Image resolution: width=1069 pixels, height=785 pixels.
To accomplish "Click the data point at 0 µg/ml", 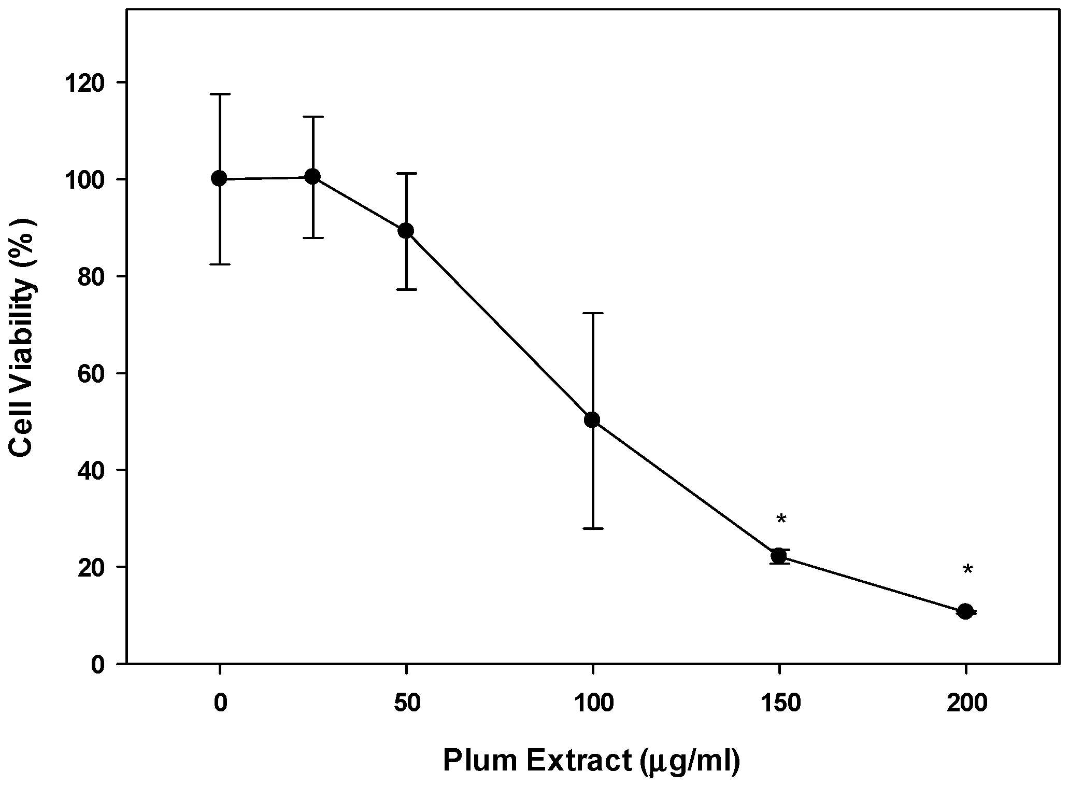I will pos(219,179).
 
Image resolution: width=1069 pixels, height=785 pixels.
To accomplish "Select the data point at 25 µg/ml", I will pos(312,177).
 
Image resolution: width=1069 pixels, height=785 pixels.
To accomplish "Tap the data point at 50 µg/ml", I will pos(406,231).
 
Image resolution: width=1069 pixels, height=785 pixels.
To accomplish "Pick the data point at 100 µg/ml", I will pos(592,420).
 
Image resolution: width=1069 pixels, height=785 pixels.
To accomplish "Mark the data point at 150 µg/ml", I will pos(778,556).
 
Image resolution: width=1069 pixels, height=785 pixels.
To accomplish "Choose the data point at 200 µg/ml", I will pos(965,612).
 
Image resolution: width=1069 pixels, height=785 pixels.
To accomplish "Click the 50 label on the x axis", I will pos(406,704).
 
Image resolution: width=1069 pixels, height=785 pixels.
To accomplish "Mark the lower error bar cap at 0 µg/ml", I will pos(219,264).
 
